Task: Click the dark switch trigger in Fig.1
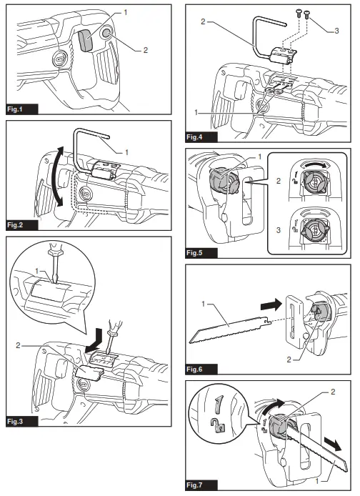pos(85,41)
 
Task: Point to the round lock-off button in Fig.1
pos(106,33)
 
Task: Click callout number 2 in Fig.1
pos(146,50)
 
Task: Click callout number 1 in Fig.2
pos(126,152)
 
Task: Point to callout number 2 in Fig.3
pos(18,345)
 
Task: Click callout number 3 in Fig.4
pos(336,31)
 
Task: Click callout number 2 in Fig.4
pos(203,21)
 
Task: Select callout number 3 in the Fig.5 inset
pos(279,230)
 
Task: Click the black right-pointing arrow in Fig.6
pos(271,305)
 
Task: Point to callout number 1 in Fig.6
pos(204,304)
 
